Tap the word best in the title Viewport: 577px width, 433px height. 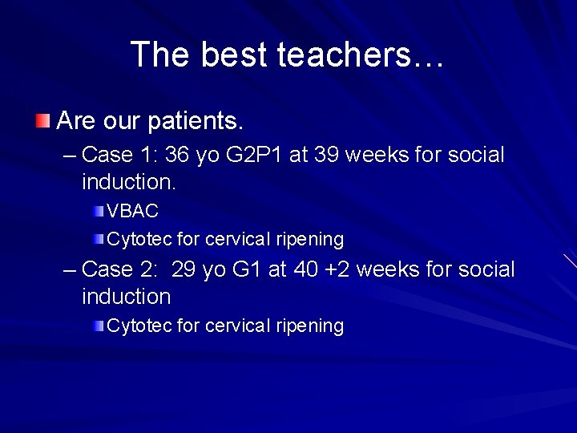point(235,55)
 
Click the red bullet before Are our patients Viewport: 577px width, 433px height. point(42,122)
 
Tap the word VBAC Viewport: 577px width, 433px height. point(133,212)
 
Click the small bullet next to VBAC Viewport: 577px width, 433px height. point(98,212)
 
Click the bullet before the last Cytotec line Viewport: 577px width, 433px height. point(98,326)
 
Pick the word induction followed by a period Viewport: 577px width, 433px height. point(128,182)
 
